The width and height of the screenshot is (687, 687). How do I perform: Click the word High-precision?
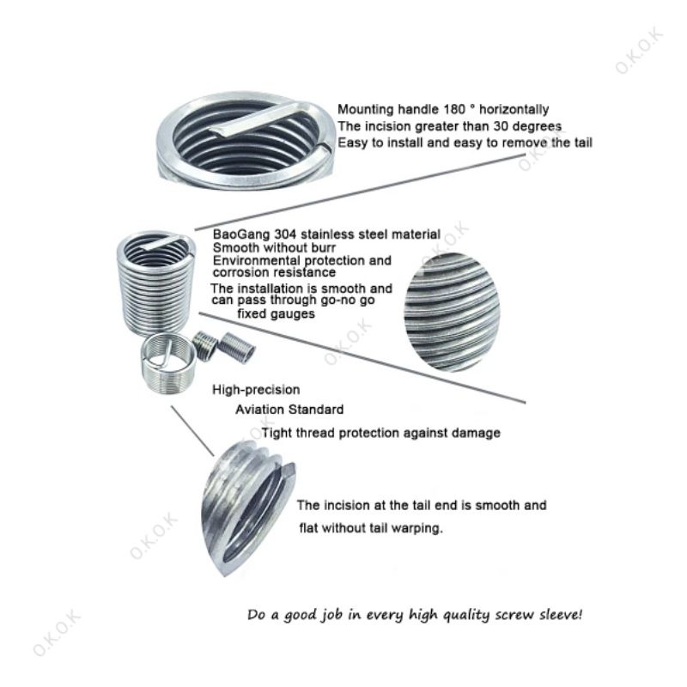(256, 390)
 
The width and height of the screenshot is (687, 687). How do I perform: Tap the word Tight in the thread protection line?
(277, 434)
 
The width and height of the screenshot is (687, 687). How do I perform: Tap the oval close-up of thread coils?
(451, 312)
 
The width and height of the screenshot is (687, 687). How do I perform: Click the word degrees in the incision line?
(538, 126)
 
